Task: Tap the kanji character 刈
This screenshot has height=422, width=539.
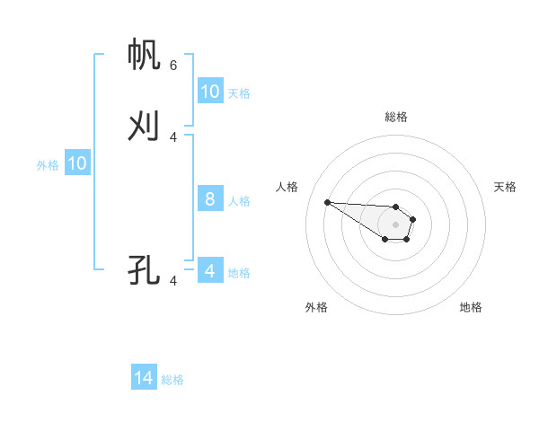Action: [145, 126]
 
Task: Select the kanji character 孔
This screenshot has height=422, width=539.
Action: [145, 269]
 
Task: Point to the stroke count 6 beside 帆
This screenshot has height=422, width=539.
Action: [173, 65]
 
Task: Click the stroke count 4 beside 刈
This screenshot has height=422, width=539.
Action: [173, 136]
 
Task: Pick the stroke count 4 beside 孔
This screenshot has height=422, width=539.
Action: [173, 280]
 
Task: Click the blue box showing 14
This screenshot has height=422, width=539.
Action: [144, 378]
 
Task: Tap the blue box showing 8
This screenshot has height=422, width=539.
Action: [210, 199]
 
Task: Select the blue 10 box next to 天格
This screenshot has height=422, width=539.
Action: [210, 92]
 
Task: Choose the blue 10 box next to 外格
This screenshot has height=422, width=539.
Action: [77, 163]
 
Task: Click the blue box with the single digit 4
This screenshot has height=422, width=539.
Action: [210, 270]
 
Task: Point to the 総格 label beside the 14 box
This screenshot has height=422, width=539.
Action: [172, 380]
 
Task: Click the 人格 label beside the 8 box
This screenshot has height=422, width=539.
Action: [240, 201]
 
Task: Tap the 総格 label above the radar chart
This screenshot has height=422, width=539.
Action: [396, 117]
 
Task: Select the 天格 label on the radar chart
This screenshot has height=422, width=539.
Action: [505, 187]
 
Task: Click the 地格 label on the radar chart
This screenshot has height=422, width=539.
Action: [471, 307]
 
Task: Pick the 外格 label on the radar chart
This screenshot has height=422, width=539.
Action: [316, 307]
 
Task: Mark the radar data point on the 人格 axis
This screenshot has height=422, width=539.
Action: [327, 202]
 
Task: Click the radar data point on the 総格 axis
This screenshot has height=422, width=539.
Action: [396, 207]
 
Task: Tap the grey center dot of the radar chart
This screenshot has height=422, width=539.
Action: [396, 224]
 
